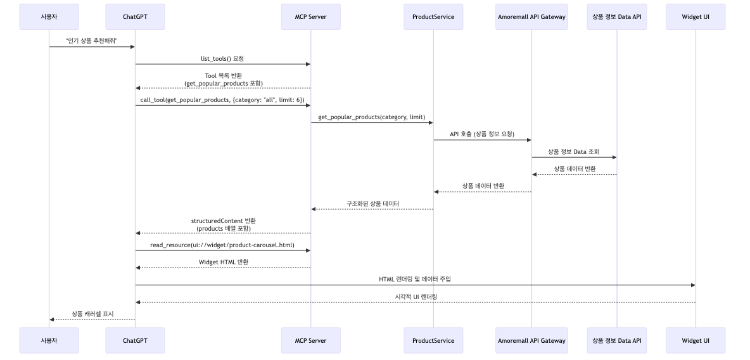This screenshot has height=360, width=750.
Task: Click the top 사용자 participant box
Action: pos(49,16)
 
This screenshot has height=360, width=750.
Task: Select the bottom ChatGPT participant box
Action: pos(135,340)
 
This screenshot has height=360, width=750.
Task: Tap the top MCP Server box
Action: pos(310,16)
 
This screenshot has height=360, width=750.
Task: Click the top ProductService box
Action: pos(433,16)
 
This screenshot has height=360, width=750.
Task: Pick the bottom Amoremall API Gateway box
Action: pos(531,340)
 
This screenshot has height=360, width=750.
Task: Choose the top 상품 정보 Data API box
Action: pos(616,16)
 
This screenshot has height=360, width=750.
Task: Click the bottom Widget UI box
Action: pos(696,340)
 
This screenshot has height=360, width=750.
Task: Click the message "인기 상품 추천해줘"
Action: pos(92,40)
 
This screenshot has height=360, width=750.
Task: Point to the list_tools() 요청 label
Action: pos(222,58)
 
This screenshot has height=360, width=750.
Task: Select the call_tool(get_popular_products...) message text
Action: pos(222,100)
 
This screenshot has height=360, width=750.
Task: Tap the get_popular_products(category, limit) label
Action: pos(372,117)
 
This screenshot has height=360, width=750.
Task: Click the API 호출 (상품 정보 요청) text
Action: pos(482,134)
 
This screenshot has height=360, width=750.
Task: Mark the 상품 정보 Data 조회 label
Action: pos(574,151)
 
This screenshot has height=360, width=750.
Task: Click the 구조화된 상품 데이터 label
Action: pos(372,203)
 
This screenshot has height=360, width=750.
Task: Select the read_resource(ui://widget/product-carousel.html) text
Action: pos(222,245)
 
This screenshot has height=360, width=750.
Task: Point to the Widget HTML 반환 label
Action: pos(223,262)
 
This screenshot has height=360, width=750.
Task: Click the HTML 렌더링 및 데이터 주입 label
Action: pos(415,279)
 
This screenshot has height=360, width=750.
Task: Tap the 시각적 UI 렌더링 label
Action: pos(416,296)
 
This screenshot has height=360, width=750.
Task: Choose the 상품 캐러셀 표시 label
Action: pos(92,313)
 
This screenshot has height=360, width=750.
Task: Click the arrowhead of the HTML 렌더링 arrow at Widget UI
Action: pos(692,285)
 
